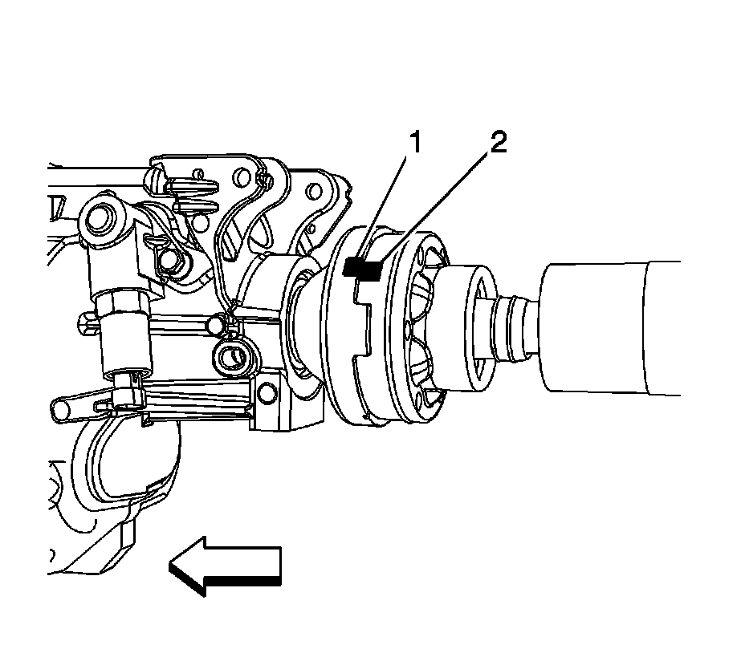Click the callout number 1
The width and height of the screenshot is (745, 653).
click(414, 144)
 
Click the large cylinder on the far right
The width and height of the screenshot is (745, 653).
click(610, 327)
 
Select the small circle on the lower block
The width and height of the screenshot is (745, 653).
click(265, 394)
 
